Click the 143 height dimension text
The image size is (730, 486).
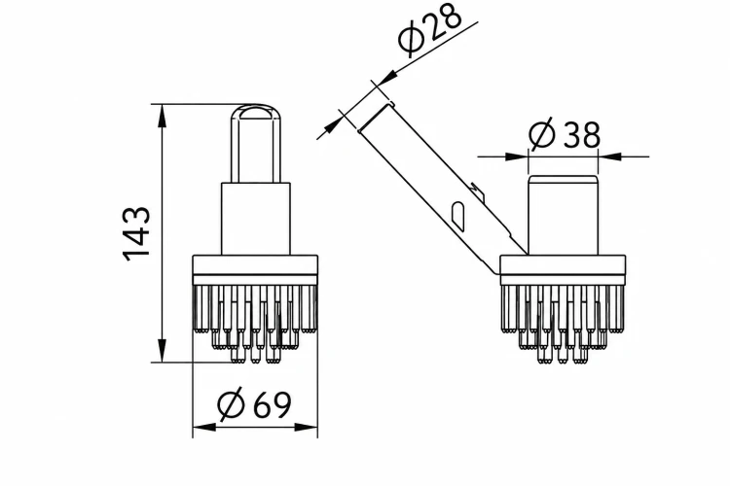click(137, 234)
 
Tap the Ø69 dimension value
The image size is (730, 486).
click(255, 404)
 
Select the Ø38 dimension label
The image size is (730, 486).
click(565, 134)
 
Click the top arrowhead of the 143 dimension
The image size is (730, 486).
click(162, 116)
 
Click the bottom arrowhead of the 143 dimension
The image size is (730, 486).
click(162, 351)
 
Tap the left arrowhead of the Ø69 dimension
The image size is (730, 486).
click(204, 427)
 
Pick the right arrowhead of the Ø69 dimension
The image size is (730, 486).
click(307, 427)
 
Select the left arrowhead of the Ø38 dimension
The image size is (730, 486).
click(517, 156)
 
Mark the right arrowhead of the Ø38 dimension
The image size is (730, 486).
click(609, 156)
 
